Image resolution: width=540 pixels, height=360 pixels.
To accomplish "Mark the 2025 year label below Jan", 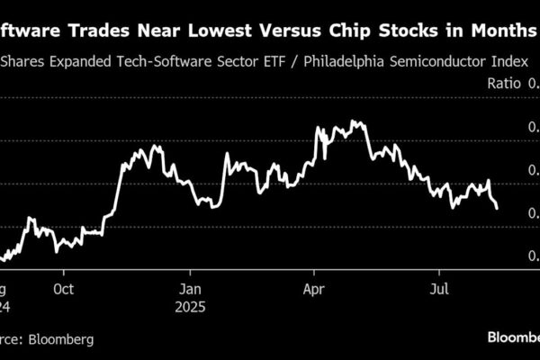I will pos(191,306).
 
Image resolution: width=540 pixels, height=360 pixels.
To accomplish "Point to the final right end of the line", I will pos(498,208).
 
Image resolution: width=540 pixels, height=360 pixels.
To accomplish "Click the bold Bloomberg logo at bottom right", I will pos(513,337).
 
